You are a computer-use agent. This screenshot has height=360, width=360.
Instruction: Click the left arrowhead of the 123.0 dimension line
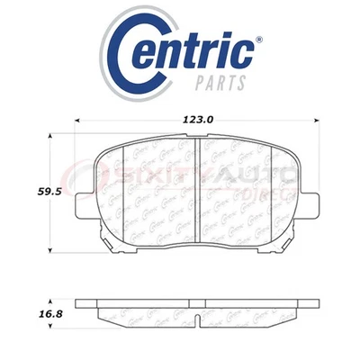click(77, 117)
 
